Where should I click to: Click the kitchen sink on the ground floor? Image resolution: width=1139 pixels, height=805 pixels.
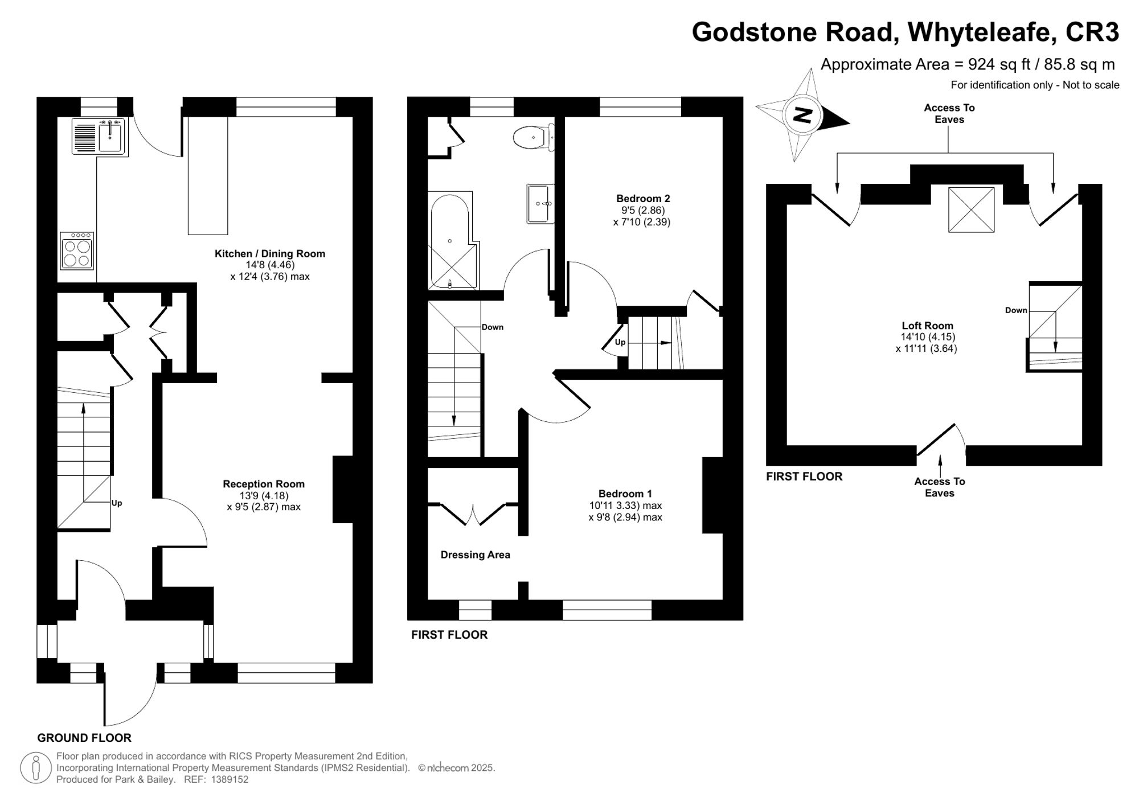point(100,137)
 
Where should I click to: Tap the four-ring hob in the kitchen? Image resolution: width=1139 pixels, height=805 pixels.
point(77,251)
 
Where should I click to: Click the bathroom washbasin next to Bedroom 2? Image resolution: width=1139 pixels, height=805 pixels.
point(540,203)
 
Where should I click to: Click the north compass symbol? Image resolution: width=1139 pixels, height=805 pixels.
point(802,116)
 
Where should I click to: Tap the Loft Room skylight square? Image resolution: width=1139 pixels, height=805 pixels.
point(971,210)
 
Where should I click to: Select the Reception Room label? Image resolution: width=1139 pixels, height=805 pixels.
point(264,484)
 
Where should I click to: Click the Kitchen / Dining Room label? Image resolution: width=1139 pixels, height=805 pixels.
point(270,254)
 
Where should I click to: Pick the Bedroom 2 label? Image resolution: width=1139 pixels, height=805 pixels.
point(643,199)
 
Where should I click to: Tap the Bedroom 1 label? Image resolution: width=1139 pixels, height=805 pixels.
point(625,494)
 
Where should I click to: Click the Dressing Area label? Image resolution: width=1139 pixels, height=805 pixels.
point(476,555)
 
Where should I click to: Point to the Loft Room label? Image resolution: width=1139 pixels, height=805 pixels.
point(927,326)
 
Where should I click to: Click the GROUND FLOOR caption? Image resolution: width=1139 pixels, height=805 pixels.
point(84,738)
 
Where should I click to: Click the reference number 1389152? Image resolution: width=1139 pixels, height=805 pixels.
point(230,779)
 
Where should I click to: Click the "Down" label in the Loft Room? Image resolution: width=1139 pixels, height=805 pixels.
point(1016,310)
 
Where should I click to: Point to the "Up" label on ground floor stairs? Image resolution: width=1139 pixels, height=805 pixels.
point(117,503)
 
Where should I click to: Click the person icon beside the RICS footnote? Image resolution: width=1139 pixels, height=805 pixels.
point(36,767)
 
